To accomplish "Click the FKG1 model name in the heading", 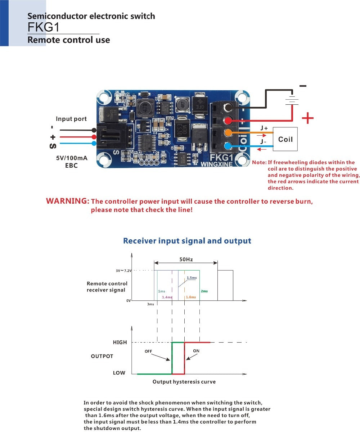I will [43, 27].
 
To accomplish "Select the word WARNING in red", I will [67, 201].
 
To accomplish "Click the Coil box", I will [285, 139].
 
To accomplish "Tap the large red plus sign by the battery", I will [307, 118].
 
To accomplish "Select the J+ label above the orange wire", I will [264, 128].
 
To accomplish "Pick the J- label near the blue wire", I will [264, 142].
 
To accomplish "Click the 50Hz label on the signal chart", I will [186, 259].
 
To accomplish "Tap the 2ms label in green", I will [204, 291].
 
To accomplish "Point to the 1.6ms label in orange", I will [191, 297].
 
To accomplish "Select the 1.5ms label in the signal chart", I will [192, 278].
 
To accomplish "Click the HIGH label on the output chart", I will [120, 342].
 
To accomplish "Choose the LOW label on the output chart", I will [119, 373].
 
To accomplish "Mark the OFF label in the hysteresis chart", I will [148, 351].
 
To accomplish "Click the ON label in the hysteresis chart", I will [196, 351].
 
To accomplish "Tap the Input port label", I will [71, 119].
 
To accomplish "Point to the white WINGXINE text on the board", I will [216, 164].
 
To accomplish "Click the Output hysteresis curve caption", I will [184, 382].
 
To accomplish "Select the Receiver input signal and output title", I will [187, 241].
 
